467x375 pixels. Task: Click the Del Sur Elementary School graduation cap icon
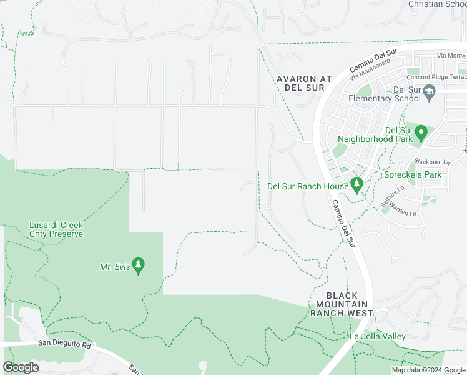pos(430,93)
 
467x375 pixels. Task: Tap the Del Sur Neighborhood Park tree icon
pos(421,133)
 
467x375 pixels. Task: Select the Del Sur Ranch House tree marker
pos(356,185)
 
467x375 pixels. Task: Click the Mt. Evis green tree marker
pos(139,266)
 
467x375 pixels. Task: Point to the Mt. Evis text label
pos(115,267)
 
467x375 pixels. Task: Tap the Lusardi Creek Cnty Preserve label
pos(56,229)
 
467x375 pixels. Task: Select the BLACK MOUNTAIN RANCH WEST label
pos(342,304)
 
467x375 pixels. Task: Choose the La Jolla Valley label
pos(377,337)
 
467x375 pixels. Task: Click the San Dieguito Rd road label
pos(64,344)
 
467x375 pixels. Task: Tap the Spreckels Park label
pos(413,174)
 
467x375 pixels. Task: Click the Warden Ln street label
pos(404,212)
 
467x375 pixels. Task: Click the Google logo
pos(21,367)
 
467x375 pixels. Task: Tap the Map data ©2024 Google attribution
pos(428,370)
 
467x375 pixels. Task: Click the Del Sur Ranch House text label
pos(307,186)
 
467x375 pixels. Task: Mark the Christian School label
pos(437,4)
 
